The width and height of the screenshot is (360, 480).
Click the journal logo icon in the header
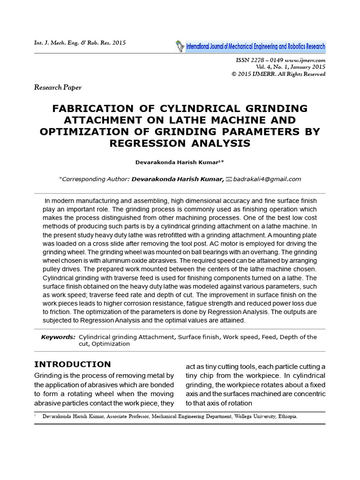pyautogui.click(x=180, y=46)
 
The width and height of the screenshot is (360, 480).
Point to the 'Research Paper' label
pyautogui.click(x=58, y=87)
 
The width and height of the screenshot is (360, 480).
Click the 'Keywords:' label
pyautogui.click(x=58, y=337)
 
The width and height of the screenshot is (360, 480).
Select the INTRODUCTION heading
pyautogui.click(x=73, y=364)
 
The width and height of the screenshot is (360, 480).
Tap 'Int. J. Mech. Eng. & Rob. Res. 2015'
pyautogui.click(x=80, y=43)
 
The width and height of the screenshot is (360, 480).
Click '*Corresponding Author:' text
pyautogui.click(x=94, y=179)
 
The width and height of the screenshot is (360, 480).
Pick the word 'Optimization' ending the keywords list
pyautogui.click(x=111, y=344)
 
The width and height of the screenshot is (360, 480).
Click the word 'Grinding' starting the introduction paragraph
pyautogui.click(x=49, y=375)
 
